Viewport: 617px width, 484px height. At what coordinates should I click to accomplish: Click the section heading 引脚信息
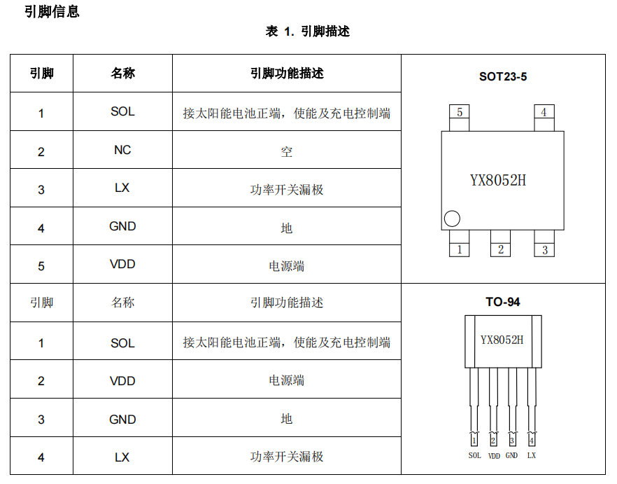coord(52,12)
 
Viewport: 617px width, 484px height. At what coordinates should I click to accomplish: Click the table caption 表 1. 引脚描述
coord(308,32)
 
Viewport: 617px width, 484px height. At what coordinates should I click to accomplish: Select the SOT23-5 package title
coord(502,76)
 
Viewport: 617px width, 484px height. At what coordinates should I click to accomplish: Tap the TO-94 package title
coord(503,303)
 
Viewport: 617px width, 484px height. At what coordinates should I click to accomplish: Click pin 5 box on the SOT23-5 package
coord(459,112)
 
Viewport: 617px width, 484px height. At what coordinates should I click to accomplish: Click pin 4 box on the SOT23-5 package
coord(544,112)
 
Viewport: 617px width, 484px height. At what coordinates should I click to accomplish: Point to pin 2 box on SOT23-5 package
coord(500,249)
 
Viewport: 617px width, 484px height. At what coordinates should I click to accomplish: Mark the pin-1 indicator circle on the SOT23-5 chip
coord(453,219)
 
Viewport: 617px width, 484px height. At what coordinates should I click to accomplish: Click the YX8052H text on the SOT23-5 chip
coord(497,180)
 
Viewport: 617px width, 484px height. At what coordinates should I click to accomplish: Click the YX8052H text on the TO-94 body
coord(502,340)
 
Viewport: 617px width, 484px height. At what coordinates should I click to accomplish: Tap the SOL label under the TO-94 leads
coord(474,455)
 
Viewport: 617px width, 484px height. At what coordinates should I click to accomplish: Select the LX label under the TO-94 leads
coord(532,455)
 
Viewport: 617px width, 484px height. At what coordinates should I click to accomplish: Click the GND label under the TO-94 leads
coord(512,455)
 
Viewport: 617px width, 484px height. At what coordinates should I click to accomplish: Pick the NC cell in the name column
coord(122,150)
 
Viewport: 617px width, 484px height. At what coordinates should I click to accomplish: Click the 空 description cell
coord(287,151)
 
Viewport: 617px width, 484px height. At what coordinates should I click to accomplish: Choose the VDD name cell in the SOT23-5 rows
coord(122,264)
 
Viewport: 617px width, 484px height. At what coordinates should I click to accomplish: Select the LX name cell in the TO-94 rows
coord(122,457)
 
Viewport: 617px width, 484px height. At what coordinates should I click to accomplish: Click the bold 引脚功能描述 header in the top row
coord(287,73)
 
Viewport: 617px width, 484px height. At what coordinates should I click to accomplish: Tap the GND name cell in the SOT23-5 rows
coord(122,226)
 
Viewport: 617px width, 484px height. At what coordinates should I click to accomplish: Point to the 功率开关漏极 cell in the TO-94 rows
coord(287,457)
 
